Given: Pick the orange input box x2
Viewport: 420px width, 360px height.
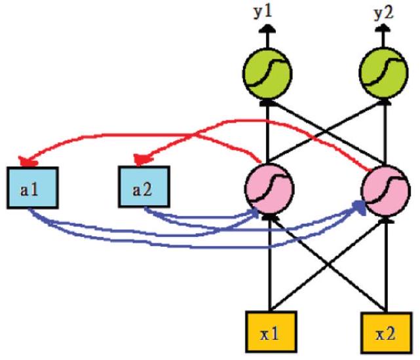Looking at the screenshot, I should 384,333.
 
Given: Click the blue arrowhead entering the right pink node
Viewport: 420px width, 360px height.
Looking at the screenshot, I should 359,206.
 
